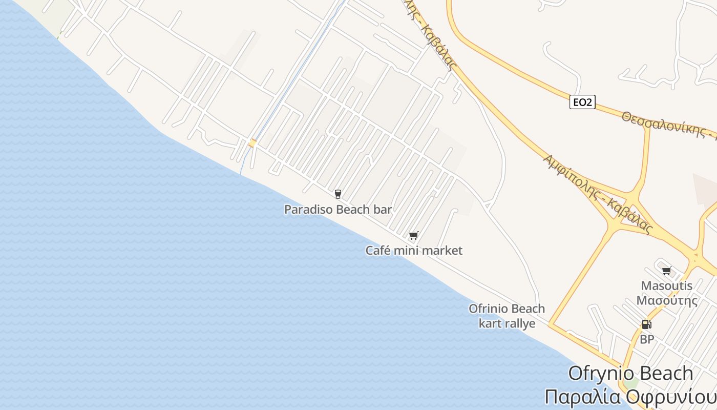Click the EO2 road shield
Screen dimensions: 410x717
582,102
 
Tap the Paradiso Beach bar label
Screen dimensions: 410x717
338,210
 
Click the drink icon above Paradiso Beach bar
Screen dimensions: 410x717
338,194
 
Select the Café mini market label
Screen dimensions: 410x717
414,251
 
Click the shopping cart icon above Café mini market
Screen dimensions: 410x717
414,236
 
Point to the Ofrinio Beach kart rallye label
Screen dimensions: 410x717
507,316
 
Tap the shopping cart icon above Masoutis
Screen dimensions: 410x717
667,271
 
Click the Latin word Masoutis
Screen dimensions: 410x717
667,286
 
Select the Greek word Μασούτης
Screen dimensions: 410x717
667,300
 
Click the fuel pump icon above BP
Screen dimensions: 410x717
646,324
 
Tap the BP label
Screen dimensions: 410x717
647,339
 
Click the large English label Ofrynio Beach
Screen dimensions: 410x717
630,373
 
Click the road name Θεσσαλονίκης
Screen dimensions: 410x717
664,125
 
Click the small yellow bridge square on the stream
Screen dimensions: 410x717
252,143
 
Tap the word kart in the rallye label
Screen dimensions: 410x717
490,323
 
